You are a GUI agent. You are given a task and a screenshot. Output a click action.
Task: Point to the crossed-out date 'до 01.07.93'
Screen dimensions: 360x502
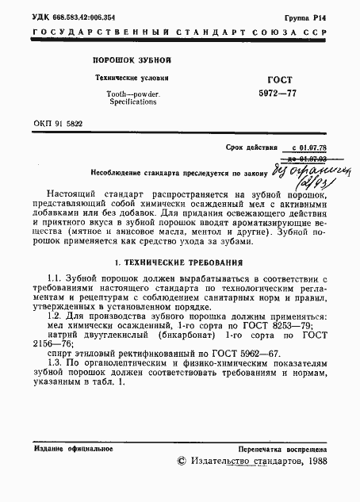(309, 159)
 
